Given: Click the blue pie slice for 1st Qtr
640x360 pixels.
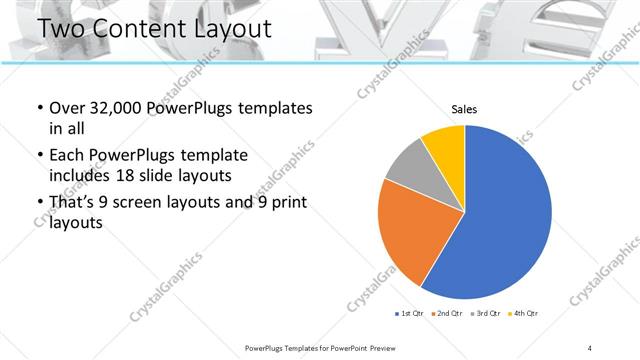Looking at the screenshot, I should (x=505, y=215).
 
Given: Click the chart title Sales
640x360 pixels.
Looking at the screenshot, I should (x=465, y=108).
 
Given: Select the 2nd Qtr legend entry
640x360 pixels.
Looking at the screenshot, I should (x=445, y=314).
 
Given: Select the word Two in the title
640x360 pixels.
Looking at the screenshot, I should (x=59, y=28).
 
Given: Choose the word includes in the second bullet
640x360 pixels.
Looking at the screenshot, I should (x=82, y=176).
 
